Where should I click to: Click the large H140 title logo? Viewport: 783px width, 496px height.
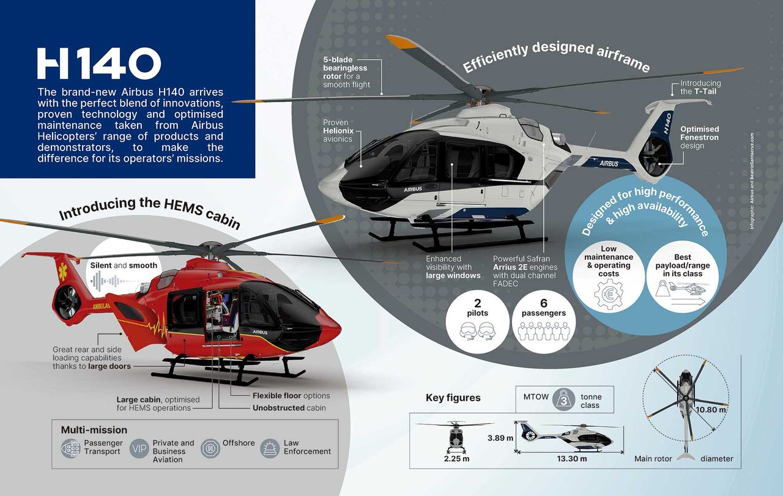click(x=99, y=63)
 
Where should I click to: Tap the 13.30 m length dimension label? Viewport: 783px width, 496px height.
click(x=572, y=459)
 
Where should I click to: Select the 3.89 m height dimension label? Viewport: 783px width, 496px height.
click(x=500, y=438)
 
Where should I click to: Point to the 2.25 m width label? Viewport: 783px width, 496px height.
click(x=456, y=459)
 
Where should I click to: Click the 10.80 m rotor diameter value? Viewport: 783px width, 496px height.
click(x=711, y=410)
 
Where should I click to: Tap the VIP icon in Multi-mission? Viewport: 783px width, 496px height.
click(x=139, y=448)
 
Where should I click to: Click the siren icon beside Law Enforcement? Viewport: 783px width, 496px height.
click(x=270, y=448)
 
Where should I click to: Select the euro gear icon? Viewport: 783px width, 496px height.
click(x=609, y=294)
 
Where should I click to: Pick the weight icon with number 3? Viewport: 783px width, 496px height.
click(x=564, y=399)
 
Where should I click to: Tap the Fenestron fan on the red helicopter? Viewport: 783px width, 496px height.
click(x=69, y=302)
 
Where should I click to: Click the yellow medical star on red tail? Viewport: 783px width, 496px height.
click(x=63, y=272)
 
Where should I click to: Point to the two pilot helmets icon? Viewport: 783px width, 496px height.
click(x=478, y=331)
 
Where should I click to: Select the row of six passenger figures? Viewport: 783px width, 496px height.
click(x=544, y=331)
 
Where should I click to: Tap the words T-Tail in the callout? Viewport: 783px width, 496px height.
click(x=705, y=92)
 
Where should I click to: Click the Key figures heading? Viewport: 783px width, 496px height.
click(x=453, y=398)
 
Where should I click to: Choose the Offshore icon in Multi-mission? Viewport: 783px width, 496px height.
click(x=210, y=448)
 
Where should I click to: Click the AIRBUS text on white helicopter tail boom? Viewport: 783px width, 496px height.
click(x=609, y=163)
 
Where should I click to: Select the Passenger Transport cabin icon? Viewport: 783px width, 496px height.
click(x=71, y=448)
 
